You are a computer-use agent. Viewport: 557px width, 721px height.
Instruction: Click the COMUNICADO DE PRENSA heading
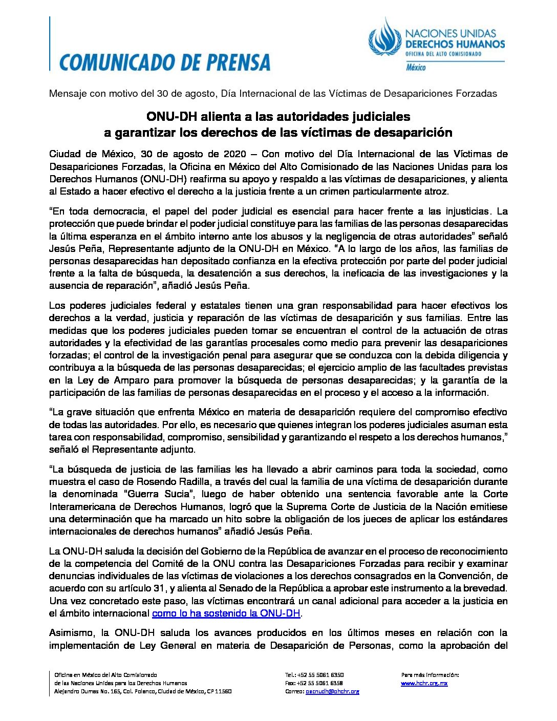164,61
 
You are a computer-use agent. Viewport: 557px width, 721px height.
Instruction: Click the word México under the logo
416,68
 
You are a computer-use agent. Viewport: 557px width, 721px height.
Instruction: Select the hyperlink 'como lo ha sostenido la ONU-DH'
226,613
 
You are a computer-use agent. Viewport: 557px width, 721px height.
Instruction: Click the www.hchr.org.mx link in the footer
424,683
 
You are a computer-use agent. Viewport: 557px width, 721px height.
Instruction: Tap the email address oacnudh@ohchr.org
332,691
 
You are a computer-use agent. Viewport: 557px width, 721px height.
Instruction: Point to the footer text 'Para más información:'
430,675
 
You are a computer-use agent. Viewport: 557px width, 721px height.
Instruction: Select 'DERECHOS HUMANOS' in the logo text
455,44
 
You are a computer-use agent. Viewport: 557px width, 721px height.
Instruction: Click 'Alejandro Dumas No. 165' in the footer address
85,691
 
